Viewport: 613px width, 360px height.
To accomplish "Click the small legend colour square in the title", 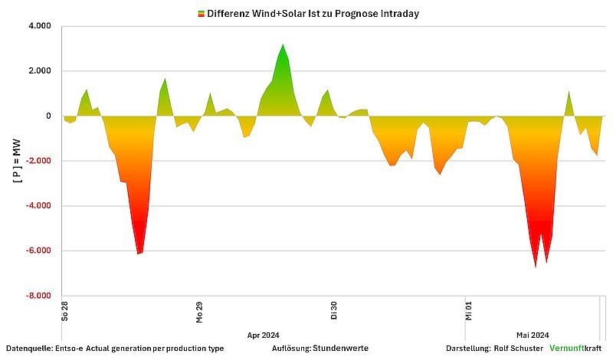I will point(201,14).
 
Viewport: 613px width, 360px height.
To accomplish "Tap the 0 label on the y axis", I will point(48,116).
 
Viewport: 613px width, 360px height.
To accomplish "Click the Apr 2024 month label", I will point(263,335).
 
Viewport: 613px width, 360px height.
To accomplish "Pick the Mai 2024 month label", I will point(533,335).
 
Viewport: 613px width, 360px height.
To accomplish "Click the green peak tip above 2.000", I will point(283,45).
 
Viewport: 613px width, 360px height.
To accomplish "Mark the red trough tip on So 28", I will point(138,253).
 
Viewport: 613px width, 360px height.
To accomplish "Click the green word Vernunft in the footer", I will point(567,349).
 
